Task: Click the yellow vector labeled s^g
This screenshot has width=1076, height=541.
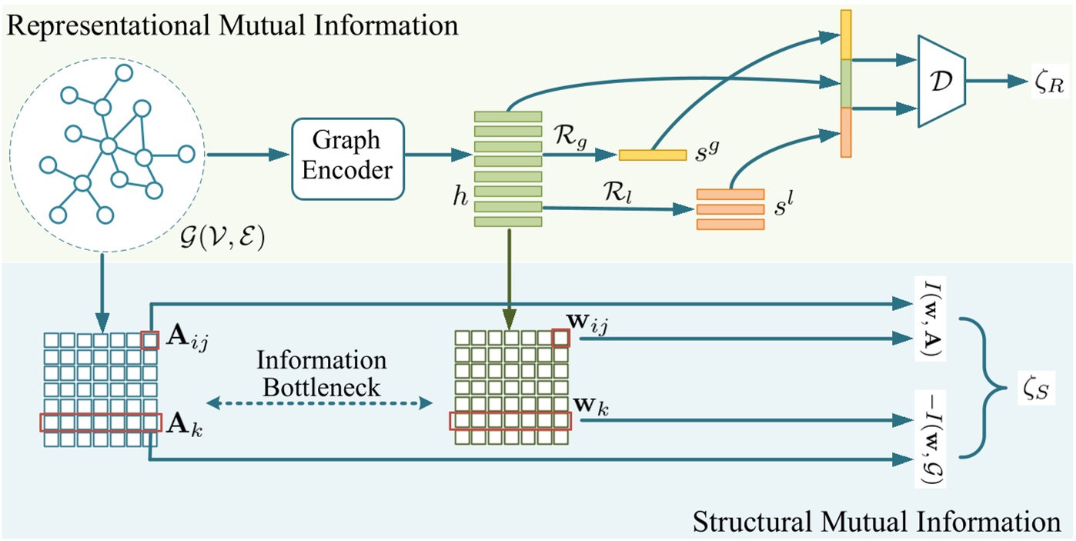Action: (x=652, y=155)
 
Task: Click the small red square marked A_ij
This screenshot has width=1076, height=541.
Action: (x=151, y=339)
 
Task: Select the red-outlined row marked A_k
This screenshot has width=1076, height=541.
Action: (x=101, y=422)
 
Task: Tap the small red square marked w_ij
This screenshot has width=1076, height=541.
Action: (x=561, y=339)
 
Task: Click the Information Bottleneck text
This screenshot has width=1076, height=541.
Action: (x=321, y=374)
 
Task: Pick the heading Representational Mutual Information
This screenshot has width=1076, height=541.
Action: (x=231, y=25)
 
